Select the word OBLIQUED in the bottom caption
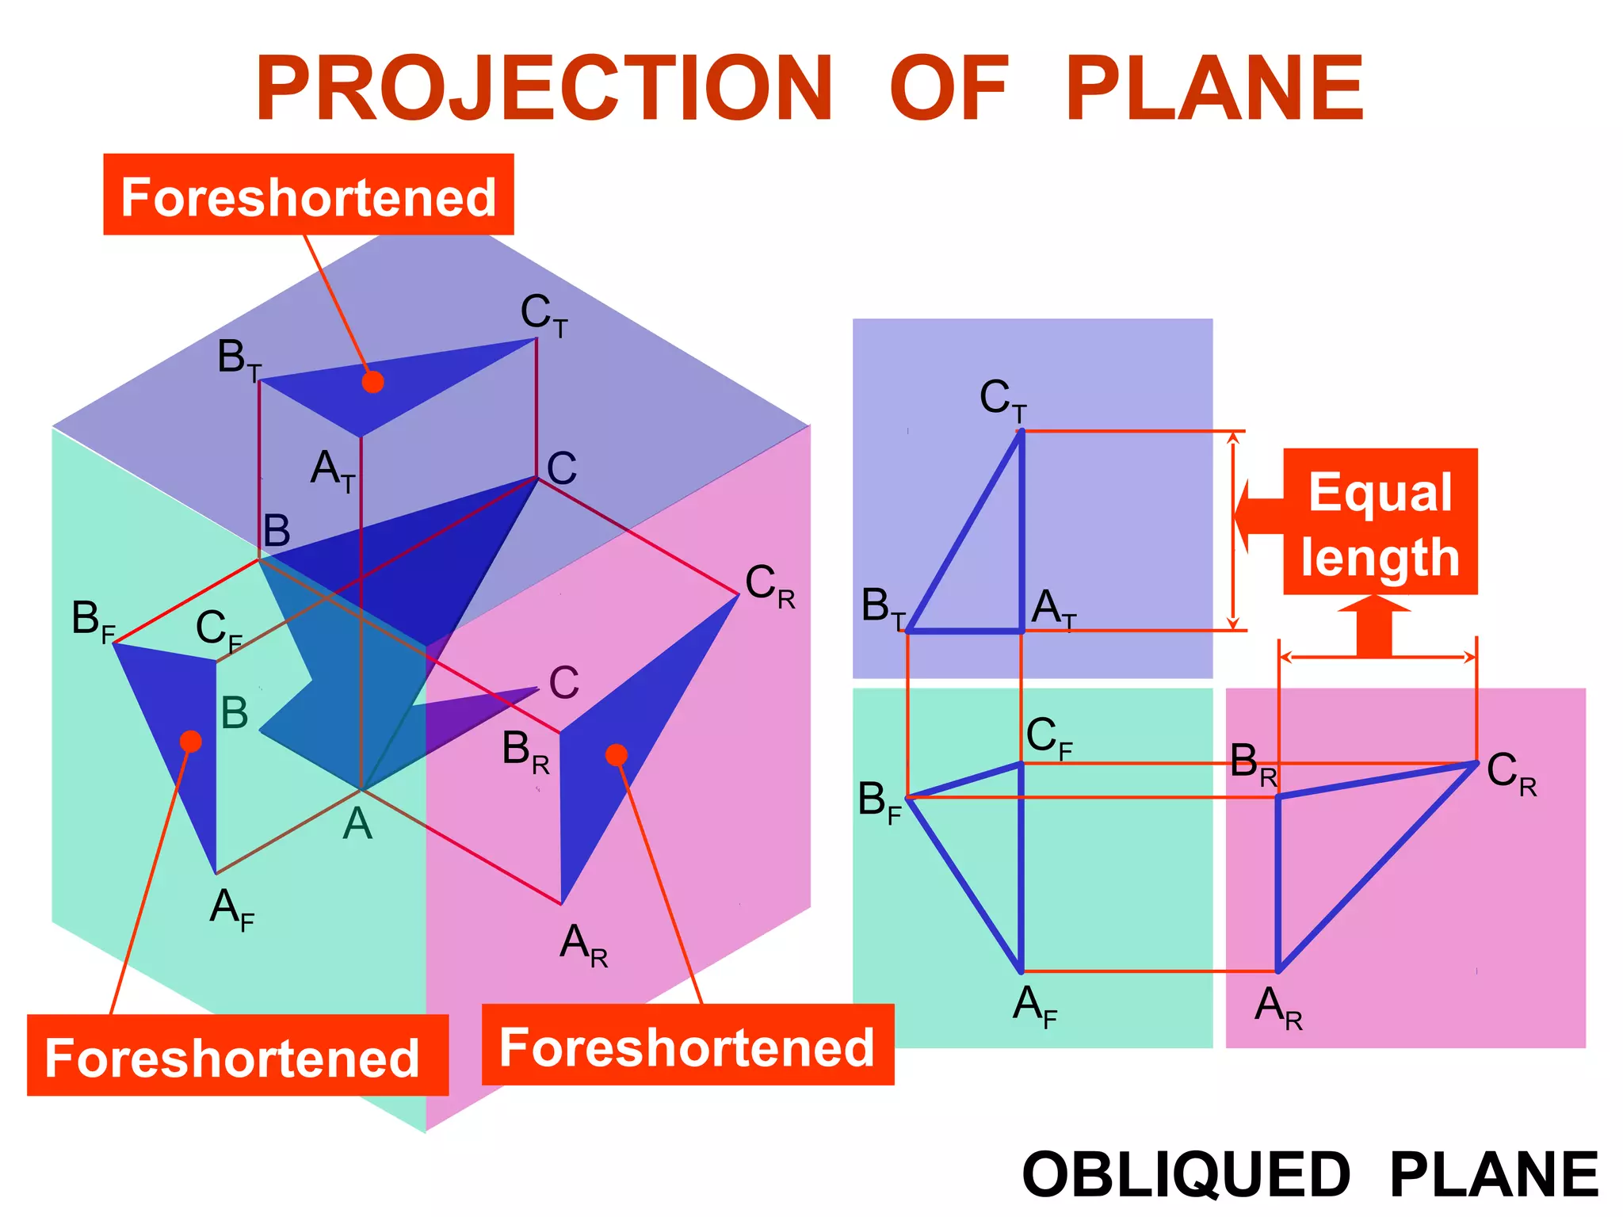tap(1186, 1175)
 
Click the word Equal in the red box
tap(1380, 492)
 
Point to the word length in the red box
tap(1380, 557)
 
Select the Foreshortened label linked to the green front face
tap(232, 1057)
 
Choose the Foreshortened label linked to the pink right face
tap(687, 1047)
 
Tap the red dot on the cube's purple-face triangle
tap(372, 382)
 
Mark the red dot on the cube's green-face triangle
tap(190, 742)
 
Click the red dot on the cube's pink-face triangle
tap(617, 755)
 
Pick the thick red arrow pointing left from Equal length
tap(1260, 515)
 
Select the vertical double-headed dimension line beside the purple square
tap(1233, 531)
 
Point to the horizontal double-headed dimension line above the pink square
tap(1377, 657)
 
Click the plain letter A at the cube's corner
tap(357, 824)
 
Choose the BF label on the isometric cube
tap(93, 620)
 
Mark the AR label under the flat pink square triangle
tap(1277, 1008)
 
